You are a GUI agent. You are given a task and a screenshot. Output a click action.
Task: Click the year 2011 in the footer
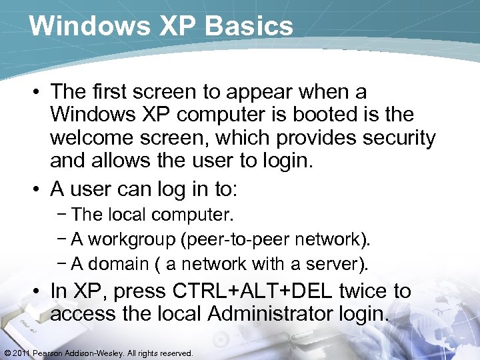20,353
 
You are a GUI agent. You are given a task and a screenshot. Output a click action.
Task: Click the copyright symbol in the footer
6,353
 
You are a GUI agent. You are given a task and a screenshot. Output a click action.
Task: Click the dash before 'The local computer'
64,215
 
